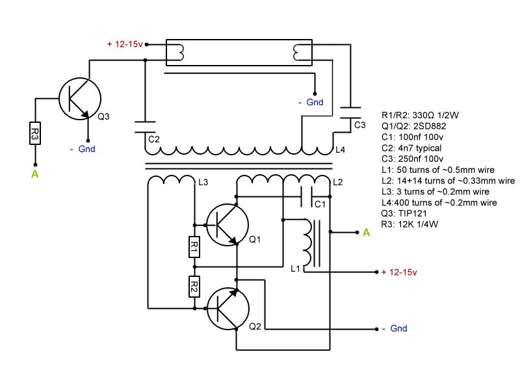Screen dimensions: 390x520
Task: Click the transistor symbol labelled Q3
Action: [x=80, y=98]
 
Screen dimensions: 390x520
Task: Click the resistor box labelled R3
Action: [x=35, y=135]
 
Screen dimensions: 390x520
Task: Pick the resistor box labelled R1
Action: [x=194, y=246]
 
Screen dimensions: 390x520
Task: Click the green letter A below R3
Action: [x=35, y=174]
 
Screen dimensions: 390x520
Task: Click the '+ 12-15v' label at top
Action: [x=125, y=44]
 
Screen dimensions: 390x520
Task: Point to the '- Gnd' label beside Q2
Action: [x=395, y=329]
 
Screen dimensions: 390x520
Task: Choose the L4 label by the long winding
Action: [x=340, y=149]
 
